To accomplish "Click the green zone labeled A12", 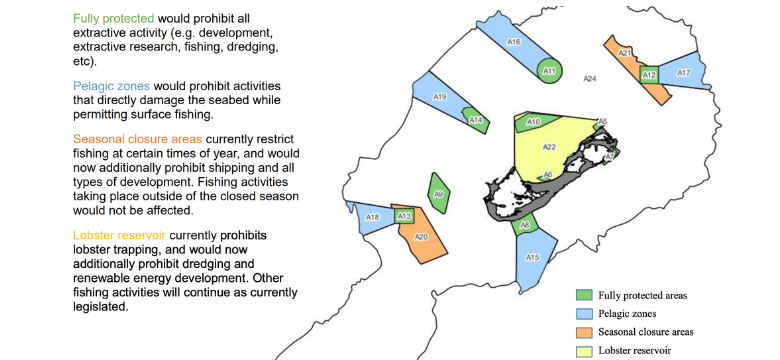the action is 648,75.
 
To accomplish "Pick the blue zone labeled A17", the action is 683,72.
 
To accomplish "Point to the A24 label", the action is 590,79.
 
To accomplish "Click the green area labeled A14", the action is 476,120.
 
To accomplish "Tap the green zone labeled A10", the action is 533,122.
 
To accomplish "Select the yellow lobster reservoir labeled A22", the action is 550,148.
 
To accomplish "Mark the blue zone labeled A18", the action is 371,218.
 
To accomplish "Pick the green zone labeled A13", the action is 404,215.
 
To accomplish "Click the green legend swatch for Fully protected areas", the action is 585,295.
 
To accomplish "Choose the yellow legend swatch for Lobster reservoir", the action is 585,350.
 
